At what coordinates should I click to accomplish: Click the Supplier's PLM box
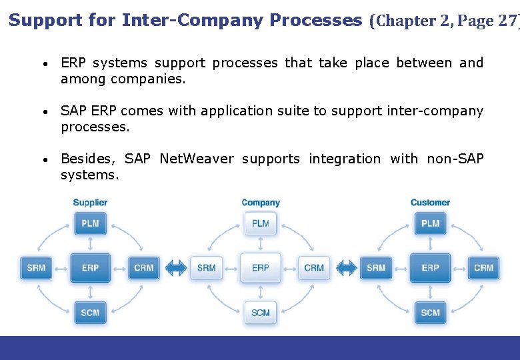(90, 223)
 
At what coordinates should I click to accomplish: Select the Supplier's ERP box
(90, 267)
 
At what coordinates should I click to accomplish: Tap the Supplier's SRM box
(36, 267)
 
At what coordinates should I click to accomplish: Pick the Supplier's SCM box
(90, 312)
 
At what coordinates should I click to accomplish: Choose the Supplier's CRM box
(144, 267)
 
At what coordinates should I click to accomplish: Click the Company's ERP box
(261, 267)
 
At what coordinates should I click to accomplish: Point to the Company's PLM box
(261, 223)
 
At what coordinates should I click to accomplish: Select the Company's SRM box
(207, 267)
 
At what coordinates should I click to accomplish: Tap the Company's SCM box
(261, 312)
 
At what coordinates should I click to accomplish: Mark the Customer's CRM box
(484, 267)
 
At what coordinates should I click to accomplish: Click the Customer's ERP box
(431, 267)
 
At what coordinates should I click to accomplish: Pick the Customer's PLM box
(431, 223)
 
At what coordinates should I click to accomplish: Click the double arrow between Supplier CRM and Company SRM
(175, 267)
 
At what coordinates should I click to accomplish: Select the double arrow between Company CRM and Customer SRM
(346, 267)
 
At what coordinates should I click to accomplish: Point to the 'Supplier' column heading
(90, 203)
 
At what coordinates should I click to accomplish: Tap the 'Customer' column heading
(430, 203)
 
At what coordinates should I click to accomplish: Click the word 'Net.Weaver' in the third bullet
(197, 159)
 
